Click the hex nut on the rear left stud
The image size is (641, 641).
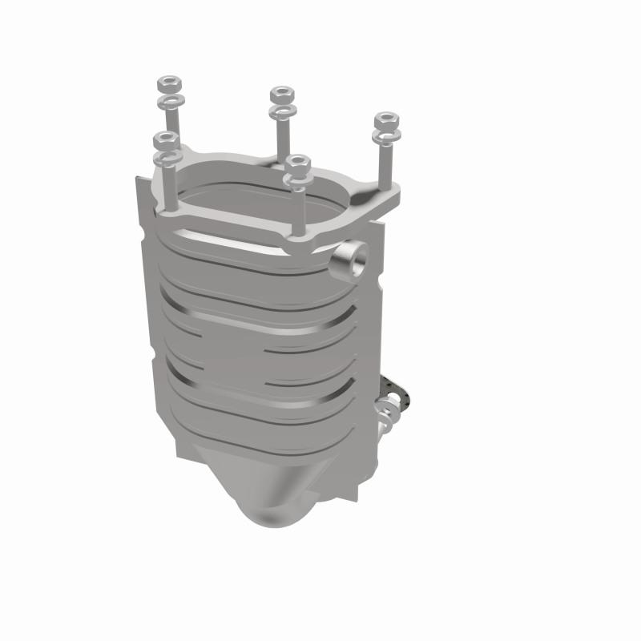coord(170,83)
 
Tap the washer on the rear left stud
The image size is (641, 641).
coord(170,102)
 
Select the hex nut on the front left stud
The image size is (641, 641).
coord(165,139)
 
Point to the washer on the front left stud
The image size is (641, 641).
coord(165,158)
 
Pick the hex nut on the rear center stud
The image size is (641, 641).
coord(280,93)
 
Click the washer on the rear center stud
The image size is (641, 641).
coord(281,112)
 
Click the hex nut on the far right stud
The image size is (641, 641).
coord(386,121)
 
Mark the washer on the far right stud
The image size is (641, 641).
coord(386,139)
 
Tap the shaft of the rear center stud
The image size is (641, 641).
coord(281,136)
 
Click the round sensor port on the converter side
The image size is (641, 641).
coord(351,258)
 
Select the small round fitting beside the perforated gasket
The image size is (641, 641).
coord(385,416)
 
